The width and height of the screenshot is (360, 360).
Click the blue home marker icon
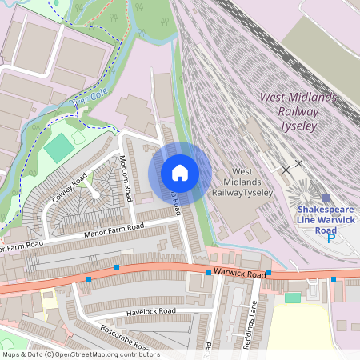(180, 173)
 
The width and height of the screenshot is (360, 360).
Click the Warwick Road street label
(238, 274)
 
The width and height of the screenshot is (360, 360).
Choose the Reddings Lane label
(250, 323)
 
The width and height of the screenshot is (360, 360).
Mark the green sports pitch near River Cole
(58, 147)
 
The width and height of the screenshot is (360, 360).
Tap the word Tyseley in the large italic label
(299, 126)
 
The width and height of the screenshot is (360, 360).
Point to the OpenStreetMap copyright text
(80, 354)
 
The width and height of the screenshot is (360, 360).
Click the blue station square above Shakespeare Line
(326, 198)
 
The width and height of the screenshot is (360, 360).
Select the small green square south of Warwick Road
(293, 298)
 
